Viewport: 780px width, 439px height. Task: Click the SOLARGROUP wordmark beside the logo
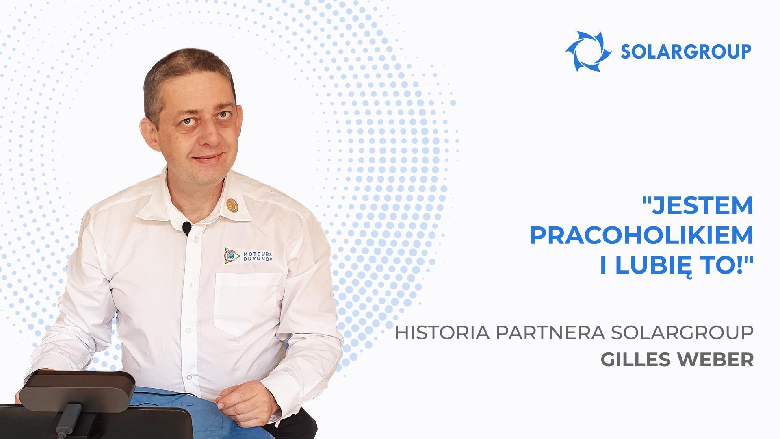(x=686, y=52)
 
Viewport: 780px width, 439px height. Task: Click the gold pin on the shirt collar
(x=232, y=205)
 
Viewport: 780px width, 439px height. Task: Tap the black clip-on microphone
(x=186, y=228)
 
